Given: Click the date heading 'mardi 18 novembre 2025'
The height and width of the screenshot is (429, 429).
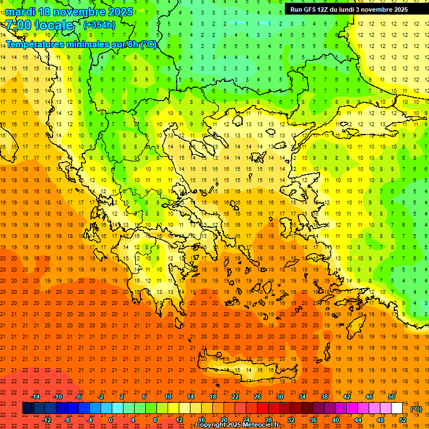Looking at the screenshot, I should click(x=70, y=12).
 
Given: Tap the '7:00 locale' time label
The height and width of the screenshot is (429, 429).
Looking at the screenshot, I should click(x=40, y=25).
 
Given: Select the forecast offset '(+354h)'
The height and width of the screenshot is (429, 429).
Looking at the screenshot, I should click(x=99, y=25).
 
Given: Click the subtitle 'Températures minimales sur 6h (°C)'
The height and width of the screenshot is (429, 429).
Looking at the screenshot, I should click(x=82, y=44).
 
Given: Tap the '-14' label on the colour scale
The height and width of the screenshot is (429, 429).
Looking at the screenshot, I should click(x=35, y=397).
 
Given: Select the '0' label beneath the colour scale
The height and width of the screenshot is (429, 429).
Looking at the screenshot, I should click(x=111, y=420).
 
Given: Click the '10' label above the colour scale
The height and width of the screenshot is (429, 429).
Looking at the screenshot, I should click(x=168, y=397).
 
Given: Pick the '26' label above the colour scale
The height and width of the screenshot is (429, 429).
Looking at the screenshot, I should click(x=258, y=397).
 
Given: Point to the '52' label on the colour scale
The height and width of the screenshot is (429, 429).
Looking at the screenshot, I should click(x=403, y=420).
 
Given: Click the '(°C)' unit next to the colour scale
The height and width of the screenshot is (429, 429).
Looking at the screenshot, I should click(x=416, y=409).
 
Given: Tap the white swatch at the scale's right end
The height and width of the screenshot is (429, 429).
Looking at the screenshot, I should click(x=397, y=408).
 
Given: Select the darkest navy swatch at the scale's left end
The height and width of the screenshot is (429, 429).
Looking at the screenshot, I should click(x=28, y=408).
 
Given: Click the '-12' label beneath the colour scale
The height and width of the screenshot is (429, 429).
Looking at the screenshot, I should click(x=46, y=420).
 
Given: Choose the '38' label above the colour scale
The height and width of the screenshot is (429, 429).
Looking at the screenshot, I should click(x=325, y=397).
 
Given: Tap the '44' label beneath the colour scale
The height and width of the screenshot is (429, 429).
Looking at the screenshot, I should click(x=358, y=420).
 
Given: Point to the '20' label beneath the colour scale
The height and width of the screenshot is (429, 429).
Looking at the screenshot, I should click(x=223, y=420).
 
